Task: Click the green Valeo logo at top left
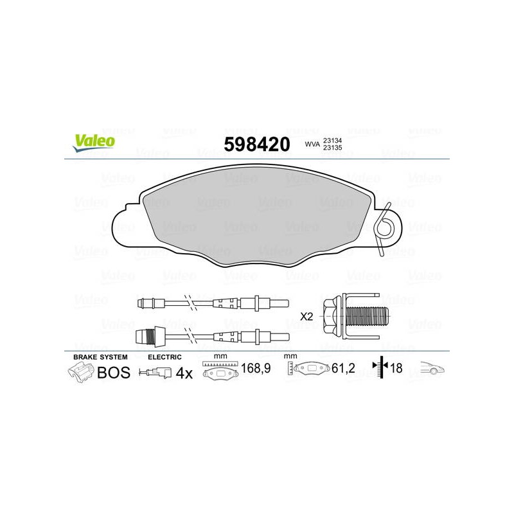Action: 94,143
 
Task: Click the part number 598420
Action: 257,144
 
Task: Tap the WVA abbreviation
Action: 312,144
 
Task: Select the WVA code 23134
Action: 332,140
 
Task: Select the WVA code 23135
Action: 332,148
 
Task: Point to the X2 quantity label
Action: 307,317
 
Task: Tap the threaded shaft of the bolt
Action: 366,316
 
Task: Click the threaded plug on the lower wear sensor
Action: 150,337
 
